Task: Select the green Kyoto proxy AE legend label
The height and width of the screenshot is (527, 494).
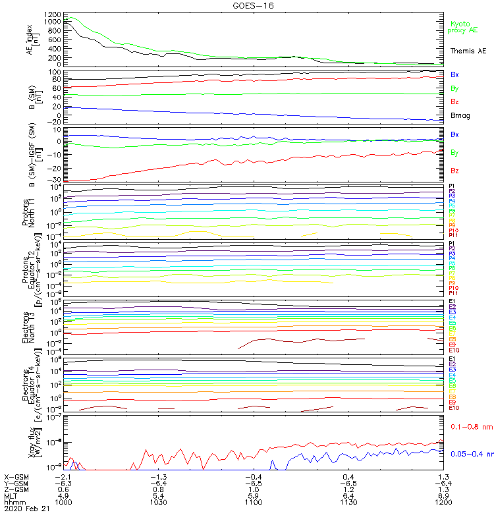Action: pos(464,27)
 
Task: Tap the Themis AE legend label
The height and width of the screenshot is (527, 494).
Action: pos(468,51)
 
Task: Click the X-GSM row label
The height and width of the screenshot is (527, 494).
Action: pos(16,476)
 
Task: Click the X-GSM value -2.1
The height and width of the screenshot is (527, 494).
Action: pos(63,476)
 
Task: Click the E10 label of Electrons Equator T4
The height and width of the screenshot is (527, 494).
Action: pos(454,408)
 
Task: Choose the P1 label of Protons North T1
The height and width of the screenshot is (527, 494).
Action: pos(452,186)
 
